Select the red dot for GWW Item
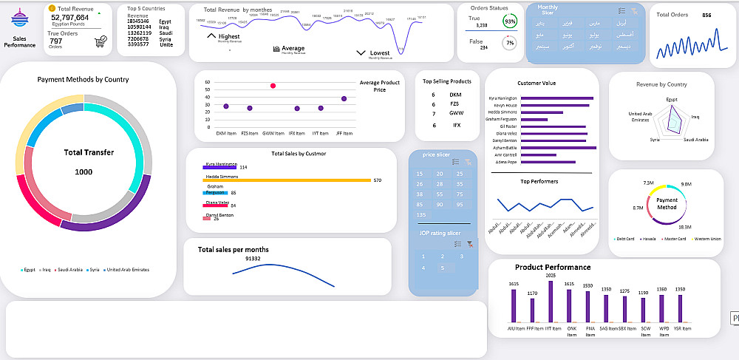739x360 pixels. tap(273, 86)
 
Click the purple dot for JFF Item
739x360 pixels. tap(344, 98)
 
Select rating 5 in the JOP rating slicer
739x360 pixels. tap(441, 268)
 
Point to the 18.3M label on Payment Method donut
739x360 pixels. tap(684, 227)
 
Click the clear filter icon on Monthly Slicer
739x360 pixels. tap(633, 11)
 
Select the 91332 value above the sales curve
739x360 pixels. tap(253, 259)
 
